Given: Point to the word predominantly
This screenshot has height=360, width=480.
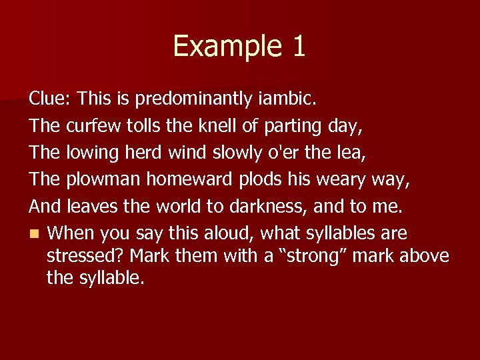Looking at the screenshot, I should click(x=195, y=99).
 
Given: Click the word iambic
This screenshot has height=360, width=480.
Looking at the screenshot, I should click(x=289, y=99).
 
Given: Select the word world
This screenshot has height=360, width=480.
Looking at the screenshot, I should click(x=175, y=207).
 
